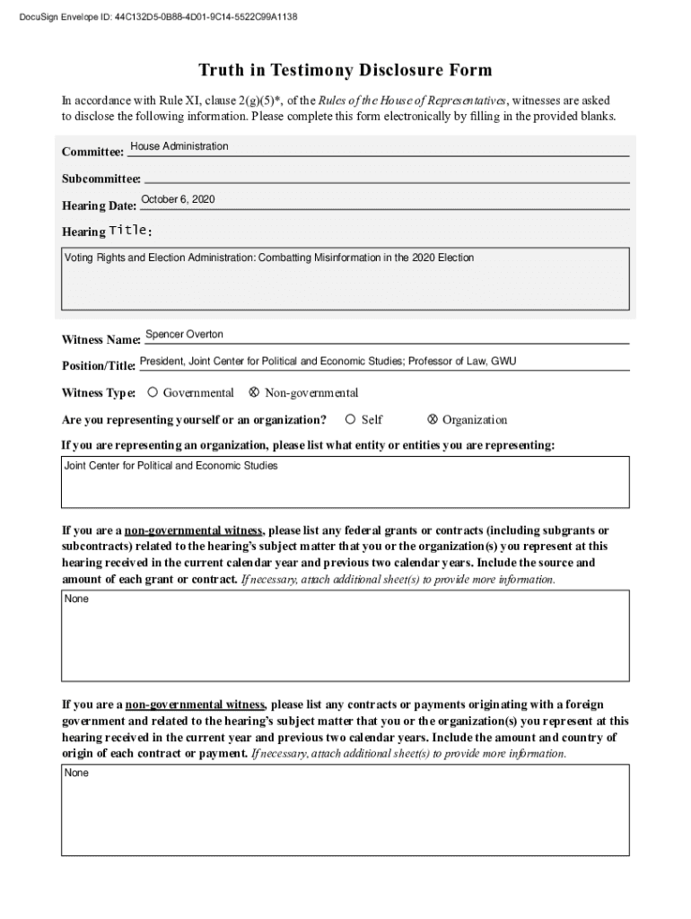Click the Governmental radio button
tap(153, 392)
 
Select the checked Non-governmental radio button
tap(254, 392)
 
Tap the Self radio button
tap(351, 419)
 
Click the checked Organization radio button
tap(433, 419)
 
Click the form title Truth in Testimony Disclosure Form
tap(345, 71)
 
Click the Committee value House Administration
tap(179, 146)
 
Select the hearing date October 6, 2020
tap(178, 199)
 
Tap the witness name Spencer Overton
tap(184, 335)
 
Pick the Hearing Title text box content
tap(269, 258)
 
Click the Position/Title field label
tap(98, 366)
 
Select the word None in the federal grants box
tap(76, 599)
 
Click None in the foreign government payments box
tap(76, 773)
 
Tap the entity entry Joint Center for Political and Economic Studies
tap(171, 467)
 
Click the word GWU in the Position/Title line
tap(503, 362)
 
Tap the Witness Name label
tap(101, 340)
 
